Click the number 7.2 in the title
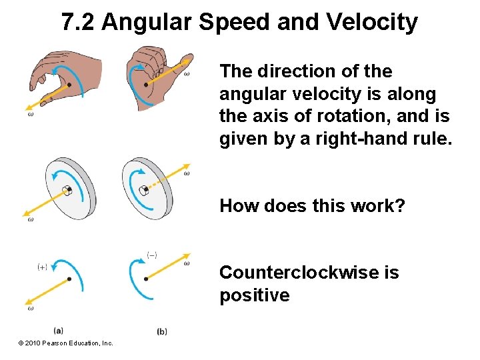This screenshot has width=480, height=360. (78, 22)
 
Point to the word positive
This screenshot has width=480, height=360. (255, 295)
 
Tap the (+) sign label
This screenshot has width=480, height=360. (42, 267)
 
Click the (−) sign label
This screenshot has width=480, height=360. (152, 255)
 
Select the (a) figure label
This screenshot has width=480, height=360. (59, 329)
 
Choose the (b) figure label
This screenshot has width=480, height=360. (162, 331)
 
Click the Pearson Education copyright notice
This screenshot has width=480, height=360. (66, 343)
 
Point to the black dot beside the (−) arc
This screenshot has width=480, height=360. (146, 279)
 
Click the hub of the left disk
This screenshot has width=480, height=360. (67, 191)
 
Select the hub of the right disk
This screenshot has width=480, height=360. (143, 190)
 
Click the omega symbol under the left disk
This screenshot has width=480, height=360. (31, 219)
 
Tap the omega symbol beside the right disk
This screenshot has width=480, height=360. (187, 174)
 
